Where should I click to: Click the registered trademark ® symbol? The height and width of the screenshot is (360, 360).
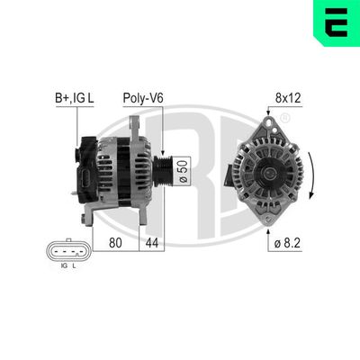coord(284,119)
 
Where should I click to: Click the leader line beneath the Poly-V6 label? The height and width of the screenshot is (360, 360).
coord(162,126)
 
